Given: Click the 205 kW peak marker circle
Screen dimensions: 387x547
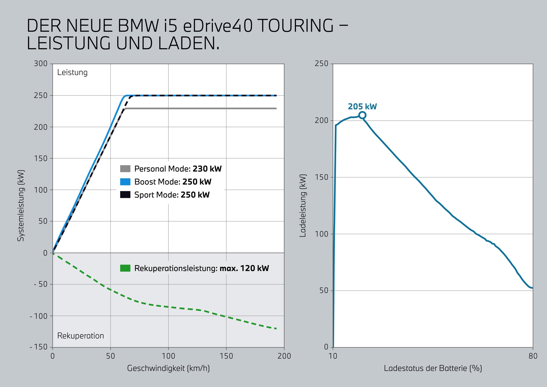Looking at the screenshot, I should point(362,115).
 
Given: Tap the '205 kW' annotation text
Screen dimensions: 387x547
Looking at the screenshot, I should point(362,107).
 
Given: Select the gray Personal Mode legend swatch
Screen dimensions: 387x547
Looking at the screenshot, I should point(125,169).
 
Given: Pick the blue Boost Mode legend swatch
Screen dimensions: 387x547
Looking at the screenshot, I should point(125,182).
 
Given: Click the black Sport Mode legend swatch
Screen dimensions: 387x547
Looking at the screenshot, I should point(125,195).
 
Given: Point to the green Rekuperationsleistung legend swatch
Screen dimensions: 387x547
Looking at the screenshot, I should point(125,268).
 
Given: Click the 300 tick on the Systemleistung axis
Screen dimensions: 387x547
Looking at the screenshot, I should point(41,64).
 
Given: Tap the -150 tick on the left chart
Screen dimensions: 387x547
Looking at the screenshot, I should point(39,347).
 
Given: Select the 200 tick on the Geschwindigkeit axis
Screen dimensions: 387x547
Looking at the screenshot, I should point(284,356).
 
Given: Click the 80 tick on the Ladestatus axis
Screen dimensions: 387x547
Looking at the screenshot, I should point(533,356).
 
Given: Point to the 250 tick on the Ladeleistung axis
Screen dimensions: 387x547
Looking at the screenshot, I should point(321,64).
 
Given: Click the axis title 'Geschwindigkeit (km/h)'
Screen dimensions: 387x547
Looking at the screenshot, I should point(168,368).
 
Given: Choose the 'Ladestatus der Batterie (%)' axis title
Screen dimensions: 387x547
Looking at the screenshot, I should point(433,368).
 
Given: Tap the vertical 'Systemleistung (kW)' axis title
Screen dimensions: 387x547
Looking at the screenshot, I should point(21,206).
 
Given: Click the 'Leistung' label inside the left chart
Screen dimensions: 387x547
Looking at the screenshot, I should point(72,72).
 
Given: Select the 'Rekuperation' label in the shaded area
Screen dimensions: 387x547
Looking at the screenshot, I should point(81,336).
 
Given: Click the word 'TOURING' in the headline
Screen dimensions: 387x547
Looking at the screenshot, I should point(296,26).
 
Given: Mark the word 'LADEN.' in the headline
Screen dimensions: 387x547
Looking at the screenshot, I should point(189,43).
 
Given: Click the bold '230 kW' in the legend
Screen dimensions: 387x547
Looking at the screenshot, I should point(207,169).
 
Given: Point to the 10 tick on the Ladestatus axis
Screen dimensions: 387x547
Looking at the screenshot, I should point(333,356).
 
